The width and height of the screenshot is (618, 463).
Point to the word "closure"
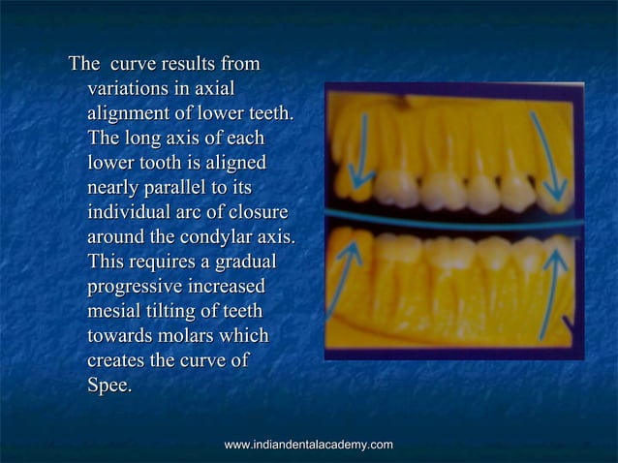click(259, 212)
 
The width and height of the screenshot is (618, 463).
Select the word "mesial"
click(113, 311)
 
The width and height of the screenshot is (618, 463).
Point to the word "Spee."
click(110, 385)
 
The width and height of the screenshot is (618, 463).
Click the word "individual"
click(134, 212)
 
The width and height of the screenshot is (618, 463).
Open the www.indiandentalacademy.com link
click(308, 445)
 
